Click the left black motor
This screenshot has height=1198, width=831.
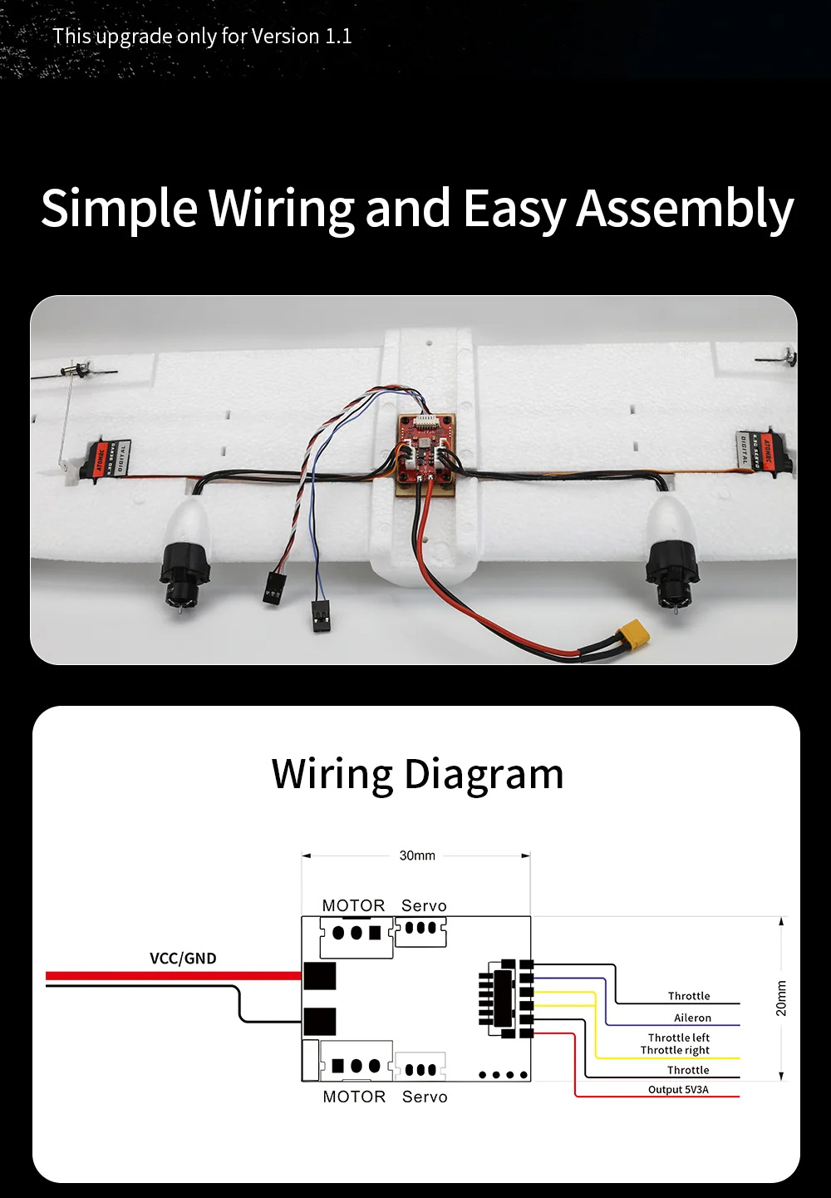tap(184, 571)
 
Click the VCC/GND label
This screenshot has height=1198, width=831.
tap(183, 959)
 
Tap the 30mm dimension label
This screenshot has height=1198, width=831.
tap(417, 855)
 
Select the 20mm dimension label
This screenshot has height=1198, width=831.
tap(780, 998)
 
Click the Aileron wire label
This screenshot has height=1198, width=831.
tap(692, 1018)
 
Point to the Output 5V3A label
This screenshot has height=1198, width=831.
tap(678, 1090)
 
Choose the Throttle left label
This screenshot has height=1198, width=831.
tap(679, 1038)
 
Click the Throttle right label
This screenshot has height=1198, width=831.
tap(675, 1050)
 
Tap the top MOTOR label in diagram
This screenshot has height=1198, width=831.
tap(353, 905)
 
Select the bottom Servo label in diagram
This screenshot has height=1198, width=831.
tap(425, 1097)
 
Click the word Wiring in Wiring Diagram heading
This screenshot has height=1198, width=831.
tap(332, 774)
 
